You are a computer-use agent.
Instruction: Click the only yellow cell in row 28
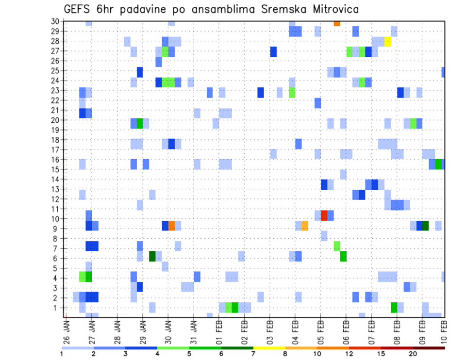(x=388, y=41)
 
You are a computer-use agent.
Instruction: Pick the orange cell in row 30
(x=337, y=23)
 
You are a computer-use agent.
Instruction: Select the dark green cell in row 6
(x=152, y=256)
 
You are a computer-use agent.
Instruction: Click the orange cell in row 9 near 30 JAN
(x=171, y=226)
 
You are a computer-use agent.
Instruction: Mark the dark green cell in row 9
(x=426, y=226)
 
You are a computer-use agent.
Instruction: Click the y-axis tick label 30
(x=55, y=21)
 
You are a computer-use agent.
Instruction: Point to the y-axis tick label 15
(x=55, y=169)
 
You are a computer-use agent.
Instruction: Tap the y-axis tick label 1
(x=57, y=308)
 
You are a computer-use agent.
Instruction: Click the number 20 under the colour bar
(x=413, y=354)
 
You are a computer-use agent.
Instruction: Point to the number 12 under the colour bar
(x=349, y=354)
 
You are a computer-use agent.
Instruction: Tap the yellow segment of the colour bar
(x=269, y=348)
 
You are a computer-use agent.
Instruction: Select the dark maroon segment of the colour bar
(x=429, y=348)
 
